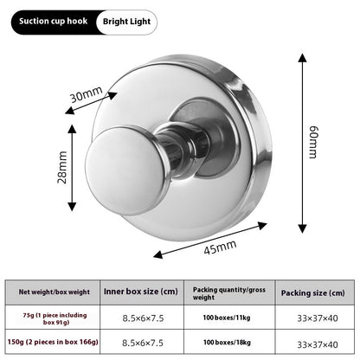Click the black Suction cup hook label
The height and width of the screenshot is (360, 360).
(x=54, y=22)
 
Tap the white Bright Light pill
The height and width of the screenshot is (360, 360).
(x=126, y=22)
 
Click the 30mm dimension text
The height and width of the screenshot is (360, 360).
(x=87, y=94)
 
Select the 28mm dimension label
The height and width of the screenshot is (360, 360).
(x=62, y=167)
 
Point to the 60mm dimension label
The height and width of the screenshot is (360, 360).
(x=313, y=142)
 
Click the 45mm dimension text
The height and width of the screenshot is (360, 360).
(x=220, y=247)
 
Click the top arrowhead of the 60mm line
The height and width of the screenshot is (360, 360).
(x=302, y=58)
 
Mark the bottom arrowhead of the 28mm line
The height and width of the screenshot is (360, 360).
(x=72, y=207)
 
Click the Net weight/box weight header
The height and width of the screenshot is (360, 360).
(x=55, y=292)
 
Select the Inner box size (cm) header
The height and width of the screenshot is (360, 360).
(x=141, y=292)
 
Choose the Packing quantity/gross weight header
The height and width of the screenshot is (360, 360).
(x=229, y=293)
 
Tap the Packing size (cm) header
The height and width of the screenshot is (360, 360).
(x=313, y=293)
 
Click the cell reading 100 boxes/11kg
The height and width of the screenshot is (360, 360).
(x=227, y=318)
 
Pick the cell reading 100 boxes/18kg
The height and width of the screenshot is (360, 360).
(x=227, y=343)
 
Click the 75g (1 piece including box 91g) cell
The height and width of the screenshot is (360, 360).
(x=55, y=318)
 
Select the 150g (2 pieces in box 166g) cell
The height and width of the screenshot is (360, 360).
(x=53, y=342)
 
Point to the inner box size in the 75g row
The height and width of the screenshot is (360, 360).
(x=143, y=318)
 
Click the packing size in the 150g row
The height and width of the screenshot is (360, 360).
(x=318, y=344)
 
